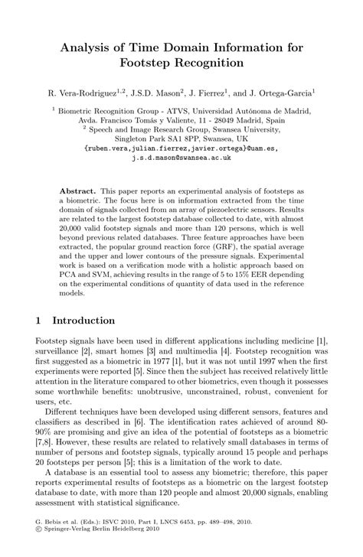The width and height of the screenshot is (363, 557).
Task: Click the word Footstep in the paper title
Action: [x=150, y=62]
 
